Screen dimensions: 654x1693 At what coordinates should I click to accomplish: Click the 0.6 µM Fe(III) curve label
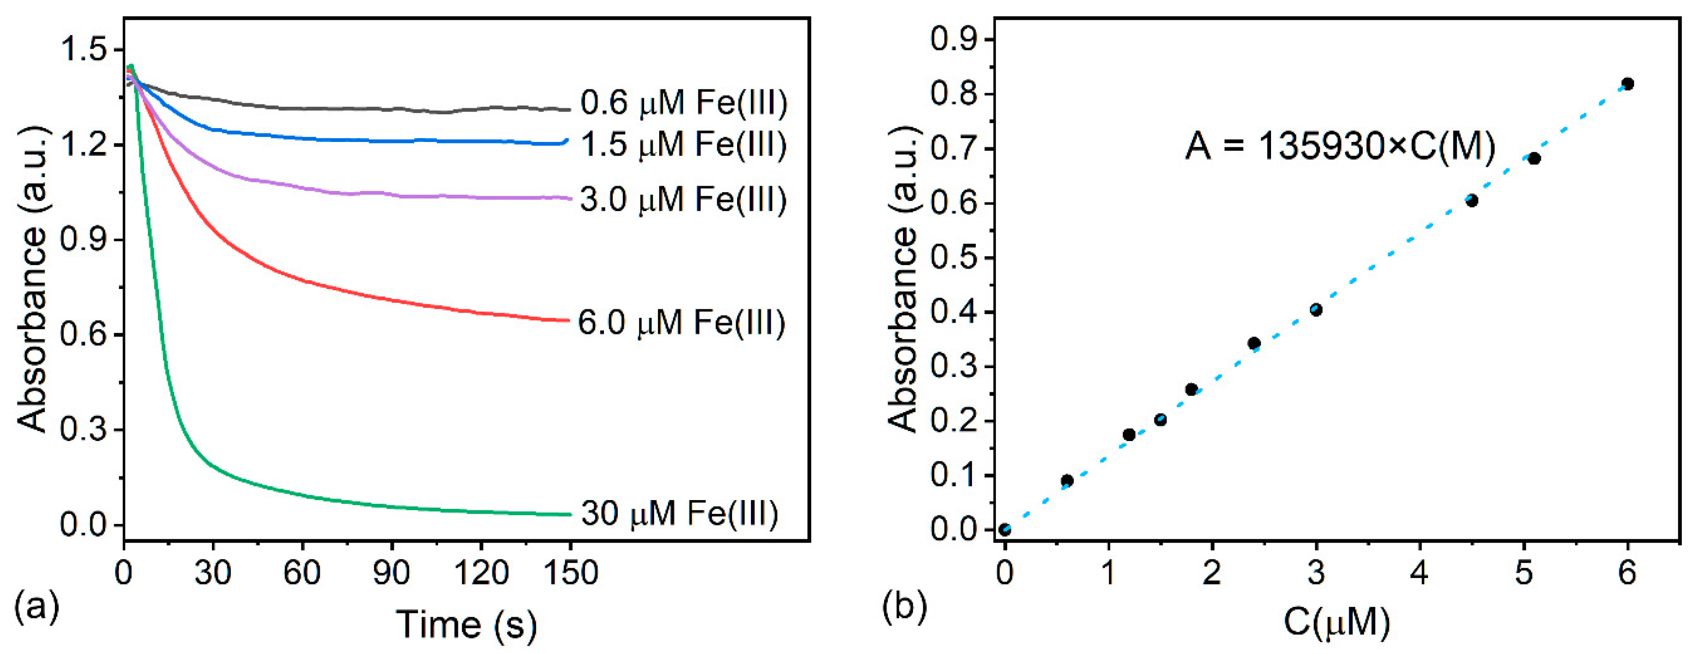(x=684, y=103)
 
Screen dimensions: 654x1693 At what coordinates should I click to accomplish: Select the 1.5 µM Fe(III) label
(x=684, y=145)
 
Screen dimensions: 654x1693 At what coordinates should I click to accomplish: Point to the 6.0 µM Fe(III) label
(x=681, y=323)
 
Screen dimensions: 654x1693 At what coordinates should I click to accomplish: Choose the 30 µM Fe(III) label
(x=680, y=513)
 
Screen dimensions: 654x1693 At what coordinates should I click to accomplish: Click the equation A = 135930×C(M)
(x=1341, y=146)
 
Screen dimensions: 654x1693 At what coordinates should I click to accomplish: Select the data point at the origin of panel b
(x=1005, y=530)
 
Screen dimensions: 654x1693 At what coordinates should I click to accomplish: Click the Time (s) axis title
(x=467, y=625)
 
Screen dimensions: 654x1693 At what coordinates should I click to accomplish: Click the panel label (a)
(x=37, y=605)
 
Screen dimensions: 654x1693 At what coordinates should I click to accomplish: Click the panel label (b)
(x=905, y=605)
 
